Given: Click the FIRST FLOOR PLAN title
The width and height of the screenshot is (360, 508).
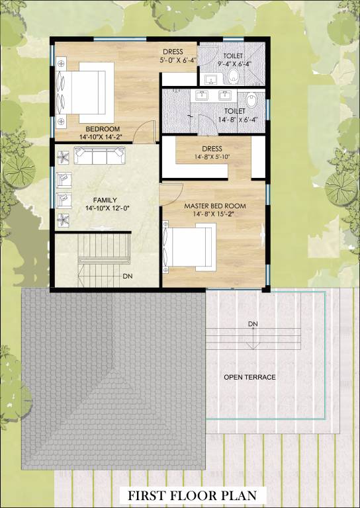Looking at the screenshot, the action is [192, 495].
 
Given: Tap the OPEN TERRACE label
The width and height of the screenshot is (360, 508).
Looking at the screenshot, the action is [249, 377].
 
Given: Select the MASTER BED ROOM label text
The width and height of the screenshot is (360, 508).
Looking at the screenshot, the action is [215, 206].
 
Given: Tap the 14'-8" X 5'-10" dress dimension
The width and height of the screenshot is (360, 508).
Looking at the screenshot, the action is [212, 157].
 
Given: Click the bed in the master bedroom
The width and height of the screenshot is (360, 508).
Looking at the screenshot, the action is [189, 247].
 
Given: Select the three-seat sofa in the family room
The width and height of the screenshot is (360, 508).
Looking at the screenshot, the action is [99, 155].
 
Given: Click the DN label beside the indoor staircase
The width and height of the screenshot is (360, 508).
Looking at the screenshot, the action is [127, 276].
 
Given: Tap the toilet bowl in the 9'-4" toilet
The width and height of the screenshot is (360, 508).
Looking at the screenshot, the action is [234, 76].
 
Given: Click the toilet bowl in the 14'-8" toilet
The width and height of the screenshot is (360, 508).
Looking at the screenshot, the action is [251, 100].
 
